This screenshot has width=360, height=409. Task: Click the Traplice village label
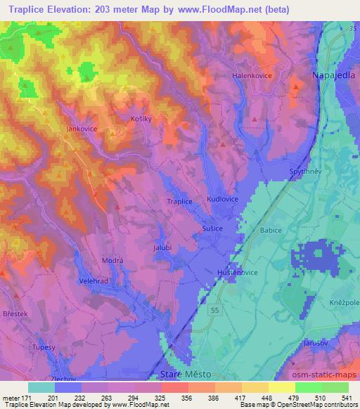(180, 201)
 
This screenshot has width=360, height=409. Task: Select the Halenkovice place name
(252, 74)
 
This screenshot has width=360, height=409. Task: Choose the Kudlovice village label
(222, 200)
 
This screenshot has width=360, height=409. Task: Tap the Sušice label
(214, 229)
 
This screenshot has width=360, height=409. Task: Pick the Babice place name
(271, 230)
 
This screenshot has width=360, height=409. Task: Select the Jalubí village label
(163, 247)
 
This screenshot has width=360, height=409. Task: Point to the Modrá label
(113, 260)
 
